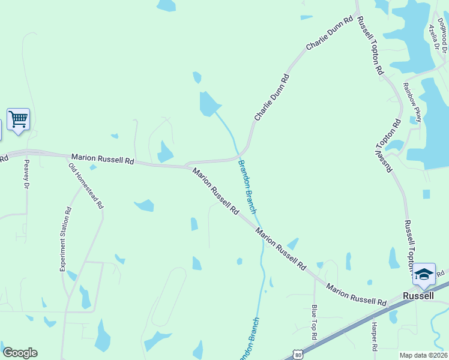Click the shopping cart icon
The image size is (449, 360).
[18, 119]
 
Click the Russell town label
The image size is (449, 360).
[418, 296]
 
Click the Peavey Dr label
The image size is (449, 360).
[26, 175]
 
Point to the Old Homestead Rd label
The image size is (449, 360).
[86, 186]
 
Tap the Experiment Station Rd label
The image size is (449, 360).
[65, 239]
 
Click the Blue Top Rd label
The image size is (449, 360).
[314, 322]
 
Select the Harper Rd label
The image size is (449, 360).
[373, 337]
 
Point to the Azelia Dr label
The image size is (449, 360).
[432, 37]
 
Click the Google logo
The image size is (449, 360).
[20, 353]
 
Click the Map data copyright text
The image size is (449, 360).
[423, 355]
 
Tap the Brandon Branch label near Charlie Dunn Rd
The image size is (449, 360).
[247, 187]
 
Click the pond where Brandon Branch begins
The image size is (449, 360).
[209, 104]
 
